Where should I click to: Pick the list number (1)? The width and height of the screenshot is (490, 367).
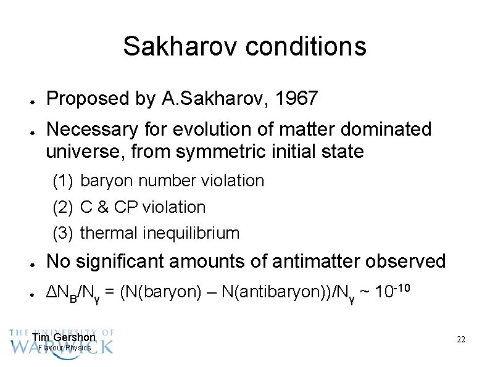pos(63,181)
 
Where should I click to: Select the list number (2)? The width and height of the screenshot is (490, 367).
pos(63,207)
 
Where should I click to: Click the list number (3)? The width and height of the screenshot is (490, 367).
pos(63,233)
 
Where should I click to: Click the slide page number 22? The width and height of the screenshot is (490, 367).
pos(460,339)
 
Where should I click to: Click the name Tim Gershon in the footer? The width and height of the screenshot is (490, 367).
pos(64,337)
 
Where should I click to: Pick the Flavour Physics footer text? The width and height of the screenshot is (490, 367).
pos(64,348)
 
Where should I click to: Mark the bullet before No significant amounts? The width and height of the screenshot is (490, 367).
pos(31,263)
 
